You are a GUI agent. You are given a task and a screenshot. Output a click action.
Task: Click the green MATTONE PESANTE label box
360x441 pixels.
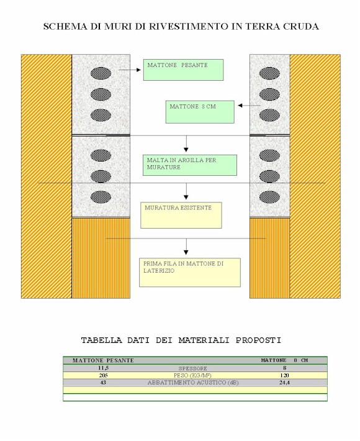[183, 70]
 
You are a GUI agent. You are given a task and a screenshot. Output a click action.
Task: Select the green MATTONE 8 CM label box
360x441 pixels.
[200, 112]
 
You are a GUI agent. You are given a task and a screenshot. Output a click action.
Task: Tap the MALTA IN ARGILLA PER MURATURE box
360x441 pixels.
[190, 165]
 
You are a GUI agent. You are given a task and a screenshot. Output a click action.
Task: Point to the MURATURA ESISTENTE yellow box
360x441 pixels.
[181, 215]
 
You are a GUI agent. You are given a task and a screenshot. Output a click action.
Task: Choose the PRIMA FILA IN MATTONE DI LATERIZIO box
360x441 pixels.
[190, 273]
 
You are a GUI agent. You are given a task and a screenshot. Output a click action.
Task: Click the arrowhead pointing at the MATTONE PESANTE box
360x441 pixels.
[138, 70]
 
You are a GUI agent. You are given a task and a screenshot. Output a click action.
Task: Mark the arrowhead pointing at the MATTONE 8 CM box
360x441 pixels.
[240, 106]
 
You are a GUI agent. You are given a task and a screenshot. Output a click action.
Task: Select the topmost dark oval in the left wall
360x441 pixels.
[101, 73]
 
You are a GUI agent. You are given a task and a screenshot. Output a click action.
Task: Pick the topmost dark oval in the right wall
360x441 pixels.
[269, 73]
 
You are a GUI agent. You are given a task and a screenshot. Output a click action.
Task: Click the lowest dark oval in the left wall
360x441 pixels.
[101, 197]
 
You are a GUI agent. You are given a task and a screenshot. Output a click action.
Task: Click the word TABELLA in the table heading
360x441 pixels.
[102, 340]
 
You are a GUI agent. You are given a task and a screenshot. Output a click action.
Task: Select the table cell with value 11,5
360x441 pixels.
[104, 368]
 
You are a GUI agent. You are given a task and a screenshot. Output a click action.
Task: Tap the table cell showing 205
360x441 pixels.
[104, 375]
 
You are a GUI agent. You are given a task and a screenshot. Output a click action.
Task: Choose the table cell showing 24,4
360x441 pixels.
[285, 383]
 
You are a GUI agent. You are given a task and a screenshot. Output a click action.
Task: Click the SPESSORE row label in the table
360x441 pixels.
[193, 368]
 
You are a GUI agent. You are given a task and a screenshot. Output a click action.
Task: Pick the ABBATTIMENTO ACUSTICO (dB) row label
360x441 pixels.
[193, 383]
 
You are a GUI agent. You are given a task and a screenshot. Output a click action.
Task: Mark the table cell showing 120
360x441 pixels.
[285, 375]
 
